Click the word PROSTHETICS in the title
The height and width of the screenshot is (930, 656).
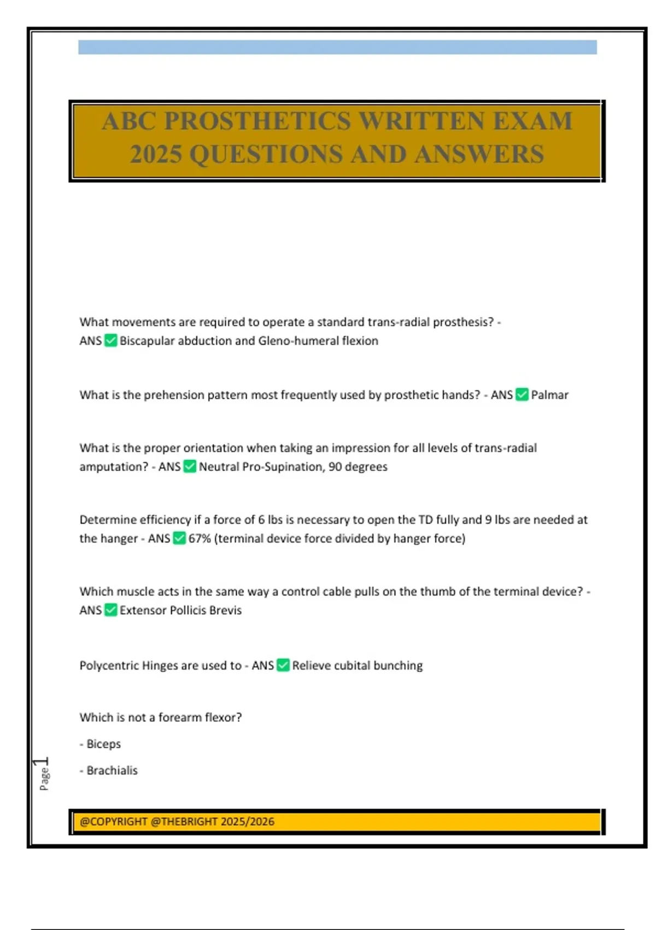[257, 121]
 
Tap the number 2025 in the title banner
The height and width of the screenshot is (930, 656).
[156, 154]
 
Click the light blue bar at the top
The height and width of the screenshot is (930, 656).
[337, 47]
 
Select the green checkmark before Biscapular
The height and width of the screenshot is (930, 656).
[111, 340]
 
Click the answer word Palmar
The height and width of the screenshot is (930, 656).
[549, 395]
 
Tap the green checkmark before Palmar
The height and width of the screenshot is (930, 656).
[522, 394]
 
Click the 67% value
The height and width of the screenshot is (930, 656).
[200, 538]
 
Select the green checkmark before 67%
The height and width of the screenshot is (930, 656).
[179, 538]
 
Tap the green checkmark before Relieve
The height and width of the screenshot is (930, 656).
[283, 665]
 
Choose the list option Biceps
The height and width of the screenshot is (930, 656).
[103, 744]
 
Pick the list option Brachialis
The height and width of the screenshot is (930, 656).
[112, 770]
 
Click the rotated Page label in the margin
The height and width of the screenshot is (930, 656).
[44, 778]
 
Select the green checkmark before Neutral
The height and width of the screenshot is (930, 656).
[190, 467]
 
